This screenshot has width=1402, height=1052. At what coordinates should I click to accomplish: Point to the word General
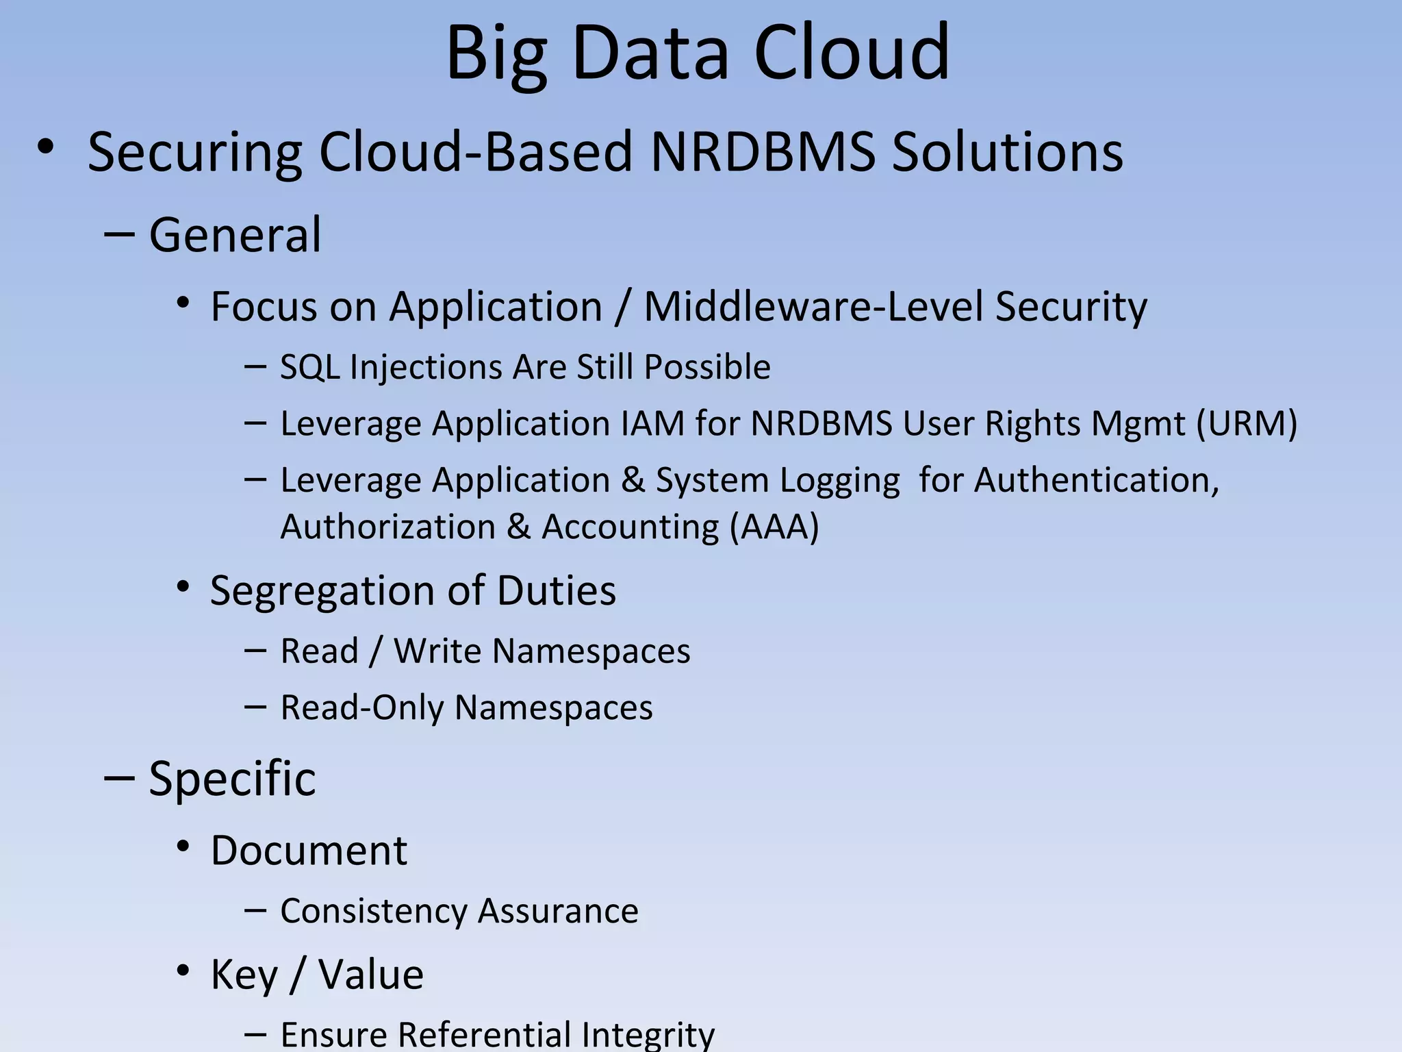click(x=235, y=235)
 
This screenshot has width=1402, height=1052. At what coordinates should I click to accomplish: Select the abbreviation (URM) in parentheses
click(x=1246, y=423)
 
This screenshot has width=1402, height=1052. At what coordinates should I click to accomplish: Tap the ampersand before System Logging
click(x=633, y=480)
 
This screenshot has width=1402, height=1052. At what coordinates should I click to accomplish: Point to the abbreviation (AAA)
click(x=774, y=527)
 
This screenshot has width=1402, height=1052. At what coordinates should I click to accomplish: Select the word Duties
click(x=557, y=590)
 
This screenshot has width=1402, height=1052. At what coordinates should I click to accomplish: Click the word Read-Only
click(x=362, y=707)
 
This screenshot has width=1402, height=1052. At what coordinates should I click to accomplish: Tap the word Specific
click(x=232, y=779)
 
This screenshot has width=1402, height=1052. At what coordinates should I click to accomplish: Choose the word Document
click(x=309, y=851)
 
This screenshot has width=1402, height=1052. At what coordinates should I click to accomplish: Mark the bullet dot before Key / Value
click(x=183, y=971)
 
